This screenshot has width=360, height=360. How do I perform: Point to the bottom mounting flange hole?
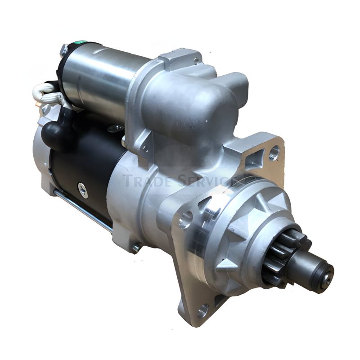coord(203,310)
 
